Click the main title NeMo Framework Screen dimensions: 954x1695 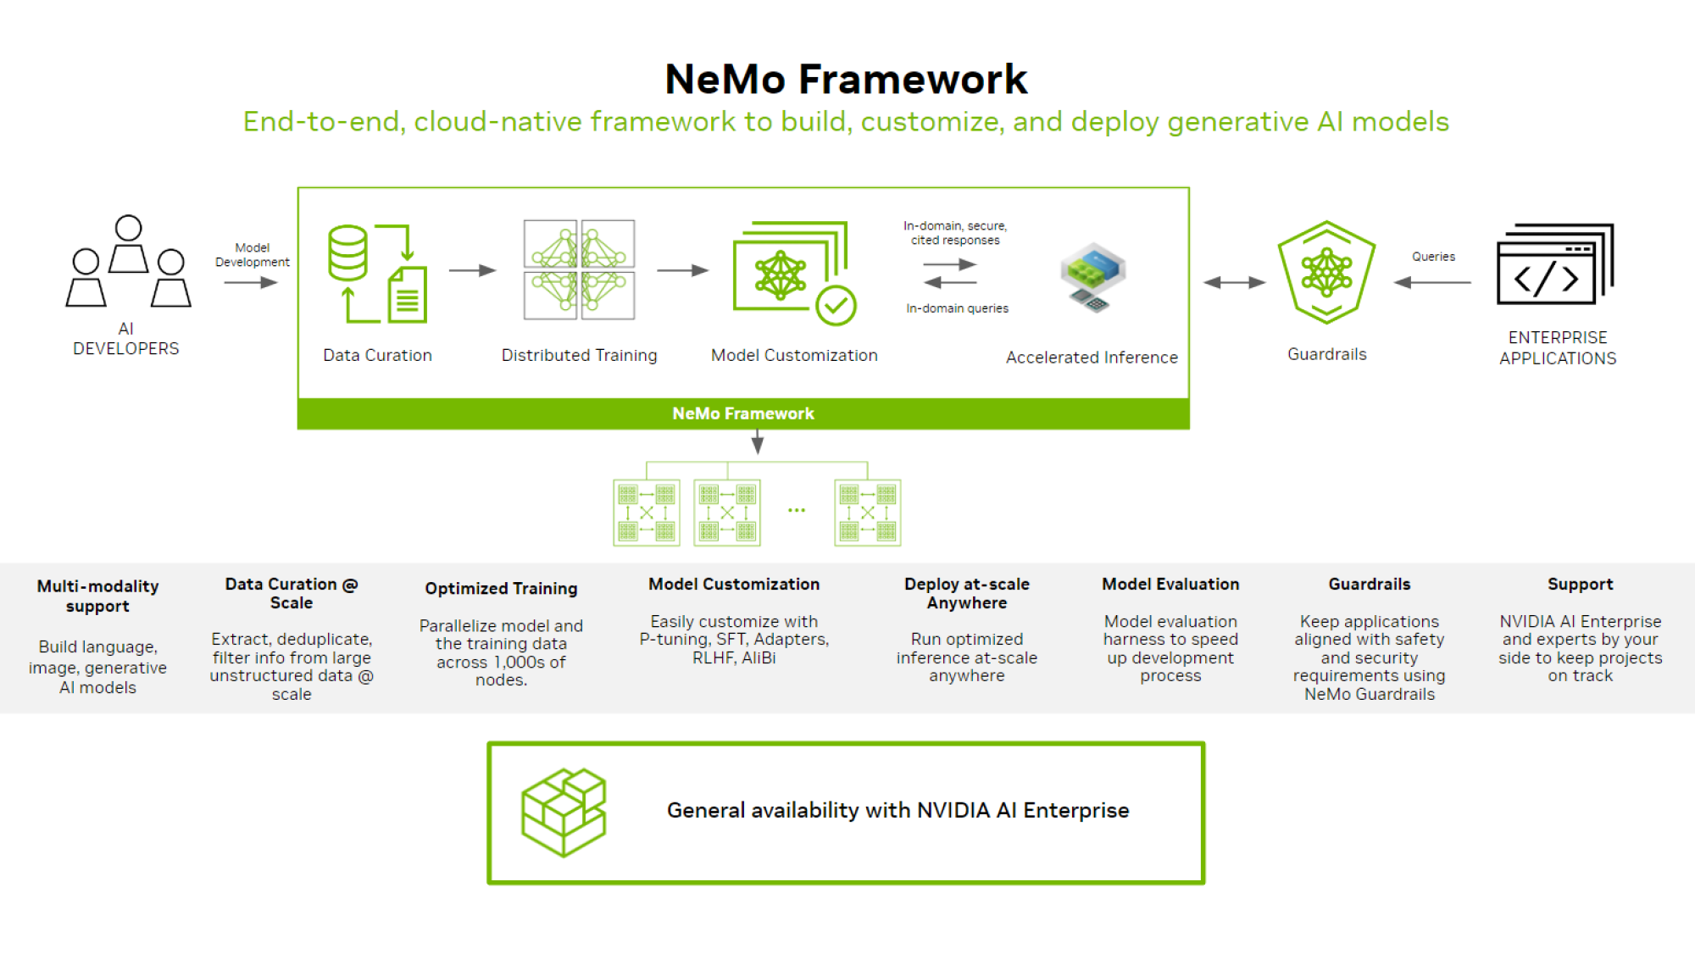tap(846, 80)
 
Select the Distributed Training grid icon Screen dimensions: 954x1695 tap(579, 269)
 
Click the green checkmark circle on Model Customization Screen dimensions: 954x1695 tap(836, 305)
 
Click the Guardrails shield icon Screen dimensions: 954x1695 tap(1326, 272)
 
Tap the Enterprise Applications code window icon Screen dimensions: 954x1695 tap(1555, 264)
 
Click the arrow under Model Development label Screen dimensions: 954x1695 tap(251, 283)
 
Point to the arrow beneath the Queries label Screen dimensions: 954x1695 tap(1432, 282)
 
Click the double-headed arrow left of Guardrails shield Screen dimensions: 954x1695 tap(1234, 282)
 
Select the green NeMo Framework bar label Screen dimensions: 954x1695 tap(743, 413)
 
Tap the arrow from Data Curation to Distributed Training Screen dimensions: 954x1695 tap(472, 270)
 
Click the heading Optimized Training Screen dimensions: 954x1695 tap(501, 588)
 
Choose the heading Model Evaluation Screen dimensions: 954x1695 tap(1170, 584)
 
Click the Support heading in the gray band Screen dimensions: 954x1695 tap(1580, 584)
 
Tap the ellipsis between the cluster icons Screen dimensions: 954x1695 tap(797, 510)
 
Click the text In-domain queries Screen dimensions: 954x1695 tap(957, 308)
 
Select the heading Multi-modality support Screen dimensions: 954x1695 tap(97, 596)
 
